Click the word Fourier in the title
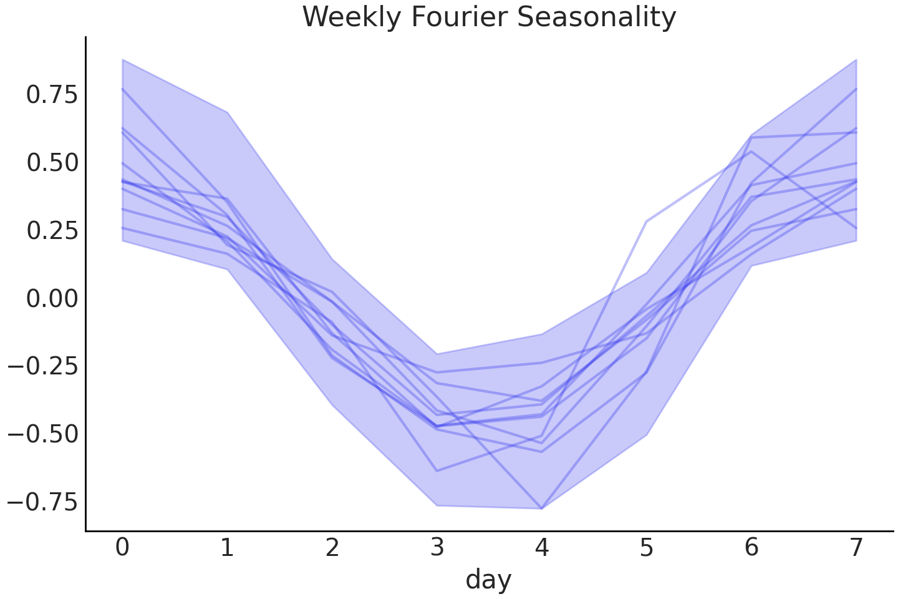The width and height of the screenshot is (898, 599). point(458,17)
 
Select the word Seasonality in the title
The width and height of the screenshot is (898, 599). point(597,17)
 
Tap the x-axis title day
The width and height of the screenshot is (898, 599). point(488,579)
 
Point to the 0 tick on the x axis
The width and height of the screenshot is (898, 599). point(123,547)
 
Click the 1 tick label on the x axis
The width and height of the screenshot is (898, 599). point(228,547)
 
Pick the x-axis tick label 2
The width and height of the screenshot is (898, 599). point(332,547)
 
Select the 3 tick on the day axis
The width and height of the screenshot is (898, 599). point(437,547)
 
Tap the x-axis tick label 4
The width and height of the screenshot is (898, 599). point(542,547)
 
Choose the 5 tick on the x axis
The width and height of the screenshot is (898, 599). point(647,547)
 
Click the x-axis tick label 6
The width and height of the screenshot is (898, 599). point(751,547)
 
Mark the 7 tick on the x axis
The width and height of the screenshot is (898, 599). point(856,547)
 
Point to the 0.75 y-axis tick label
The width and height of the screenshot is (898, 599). point(52,95)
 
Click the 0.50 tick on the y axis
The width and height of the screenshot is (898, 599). point(52,163)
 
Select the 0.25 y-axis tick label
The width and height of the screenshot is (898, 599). point(52,231)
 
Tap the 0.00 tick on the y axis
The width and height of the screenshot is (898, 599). point(52,298)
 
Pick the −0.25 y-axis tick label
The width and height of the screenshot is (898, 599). point(43,366)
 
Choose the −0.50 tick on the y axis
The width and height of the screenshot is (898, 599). point(43,434)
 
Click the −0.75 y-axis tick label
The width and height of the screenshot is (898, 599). point(43,502)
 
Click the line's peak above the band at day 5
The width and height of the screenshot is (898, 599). point(647,222)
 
